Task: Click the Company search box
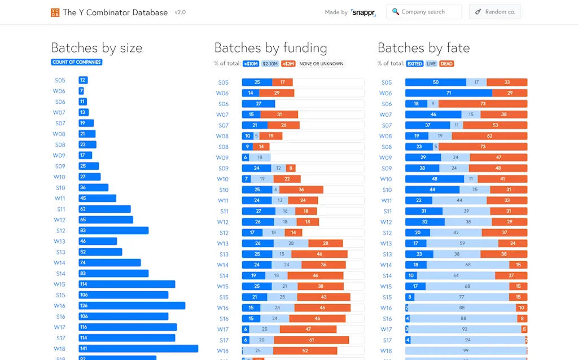423,12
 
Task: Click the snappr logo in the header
363,12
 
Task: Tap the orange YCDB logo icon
55,12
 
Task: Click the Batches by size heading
97,48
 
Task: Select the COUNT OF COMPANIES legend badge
77,62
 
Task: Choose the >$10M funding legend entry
251,64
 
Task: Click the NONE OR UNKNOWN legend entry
321,64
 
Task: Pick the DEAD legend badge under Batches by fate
446,64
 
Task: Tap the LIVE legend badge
431,64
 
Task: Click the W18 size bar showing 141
138,349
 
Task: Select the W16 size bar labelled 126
132,306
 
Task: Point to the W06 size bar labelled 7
81,91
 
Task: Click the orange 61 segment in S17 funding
311,340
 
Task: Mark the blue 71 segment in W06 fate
448,93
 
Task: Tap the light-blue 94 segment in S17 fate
467,340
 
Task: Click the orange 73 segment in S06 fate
483,104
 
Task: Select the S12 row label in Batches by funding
224,233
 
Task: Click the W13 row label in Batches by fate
386,244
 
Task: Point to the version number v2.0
180,12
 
